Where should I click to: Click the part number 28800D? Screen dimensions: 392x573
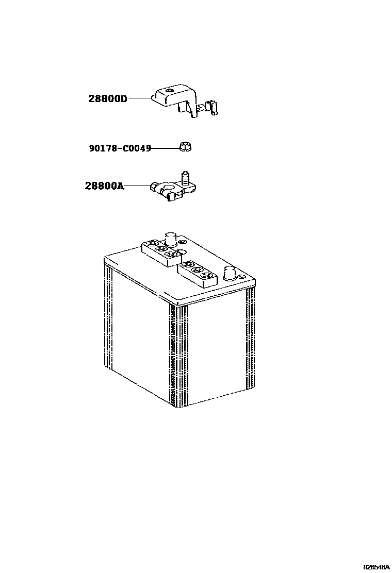(107, 98)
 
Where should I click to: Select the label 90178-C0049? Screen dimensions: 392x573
(120, 148)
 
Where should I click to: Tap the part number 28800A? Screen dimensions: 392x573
(104, 186)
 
